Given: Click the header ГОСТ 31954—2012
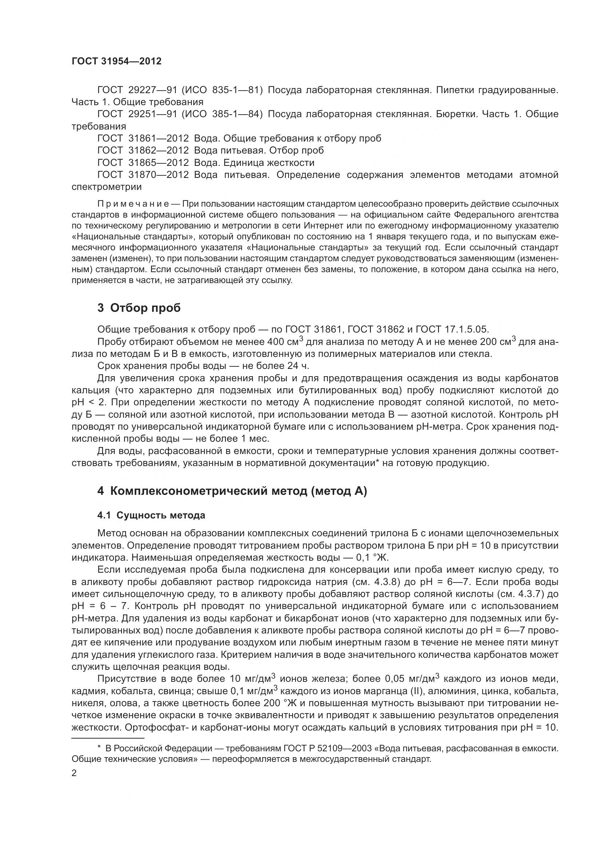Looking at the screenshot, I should [116, 61].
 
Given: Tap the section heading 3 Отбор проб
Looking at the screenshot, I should [139, 308].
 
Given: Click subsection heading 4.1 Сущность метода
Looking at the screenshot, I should [151, 515].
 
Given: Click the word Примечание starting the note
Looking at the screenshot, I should [133, 204].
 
